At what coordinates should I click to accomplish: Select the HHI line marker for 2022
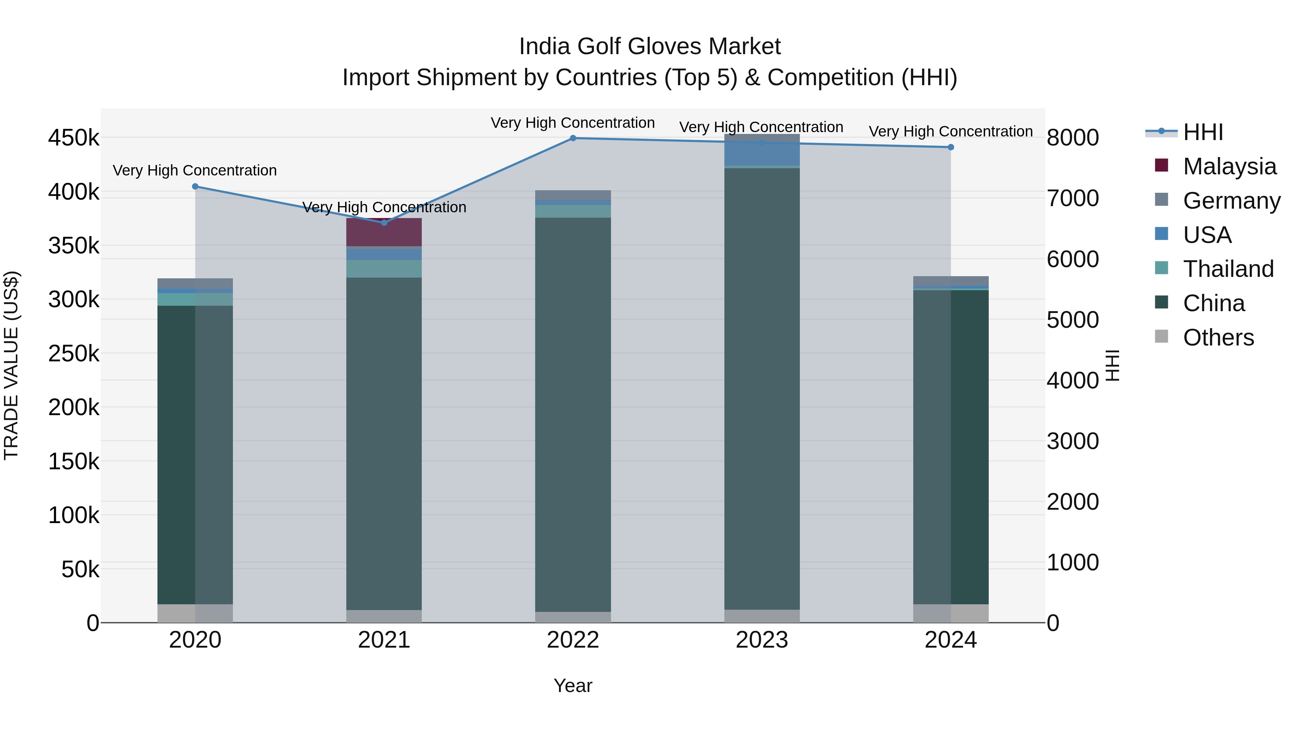[573, 138]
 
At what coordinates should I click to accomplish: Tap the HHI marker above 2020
[195, 187]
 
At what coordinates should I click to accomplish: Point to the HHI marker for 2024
[951, 147]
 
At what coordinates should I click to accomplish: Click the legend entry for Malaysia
[1229, 166]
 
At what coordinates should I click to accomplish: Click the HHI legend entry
[1202, 132]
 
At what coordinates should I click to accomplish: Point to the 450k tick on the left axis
[74, 138]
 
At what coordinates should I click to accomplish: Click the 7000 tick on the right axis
[1073, 198]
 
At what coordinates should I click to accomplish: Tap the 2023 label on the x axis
[762, 640]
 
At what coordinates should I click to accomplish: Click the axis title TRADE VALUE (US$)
[11, 365]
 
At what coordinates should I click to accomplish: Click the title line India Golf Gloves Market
[650, 47]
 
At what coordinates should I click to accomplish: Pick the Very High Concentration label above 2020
[195, 170]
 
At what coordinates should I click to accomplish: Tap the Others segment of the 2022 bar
[573, 617]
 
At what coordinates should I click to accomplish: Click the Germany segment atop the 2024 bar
[951, 281]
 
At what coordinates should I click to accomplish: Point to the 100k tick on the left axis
[74, 515]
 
